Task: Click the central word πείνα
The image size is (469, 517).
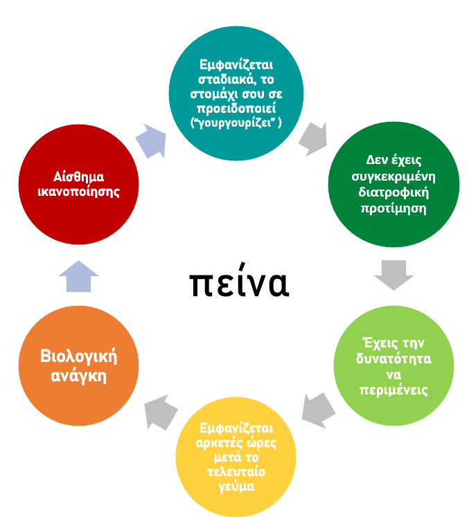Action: [238, 283]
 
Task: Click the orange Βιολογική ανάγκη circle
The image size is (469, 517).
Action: [78, 366]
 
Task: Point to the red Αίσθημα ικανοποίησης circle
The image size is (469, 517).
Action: [78, 183]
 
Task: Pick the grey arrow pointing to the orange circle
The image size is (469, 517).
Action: [160, 413]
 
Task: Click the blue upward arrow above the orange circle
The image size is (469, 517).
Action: [78, 276]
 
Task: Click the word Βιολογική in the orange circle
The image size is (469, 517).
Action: [78, 356]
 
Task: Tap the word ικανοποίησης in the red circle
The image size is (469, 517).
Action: [78, 192]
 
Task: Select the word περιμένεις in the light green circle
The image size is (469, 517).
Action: [393, 390]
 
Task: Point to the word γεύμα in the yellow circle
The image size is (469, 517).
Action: [236, 487]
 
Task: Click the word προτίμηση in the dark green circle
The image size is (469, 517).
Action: [393, 210]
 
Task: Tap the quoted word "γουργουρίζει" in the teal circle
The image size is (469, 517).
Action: [233, 122]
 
